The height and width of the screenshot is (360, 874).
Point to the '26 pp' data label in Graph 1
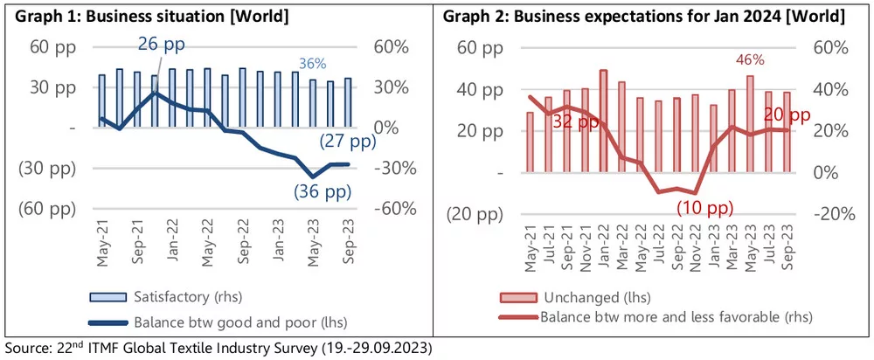click(x=162, y=44)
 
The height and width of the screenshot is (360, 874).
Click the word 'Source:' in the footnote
click(x=30, y=347)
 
